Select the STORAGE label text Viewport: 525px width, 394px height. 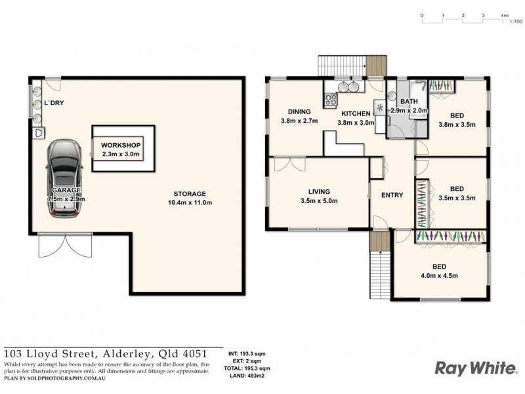click(190, 194)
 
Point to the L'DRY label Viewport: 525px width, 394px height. click(54, 104)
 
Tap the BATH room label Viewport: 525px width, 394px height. click(409, 101)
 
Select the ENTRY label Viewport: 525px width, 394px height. click(392, 195)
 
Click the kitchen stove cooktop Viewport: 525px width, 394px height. click(331, 100)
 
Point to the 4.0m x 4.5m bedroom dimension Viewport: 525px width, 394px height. click(440, 276)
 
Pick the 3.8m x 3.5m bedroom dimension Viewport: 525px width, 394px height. click(457, 125)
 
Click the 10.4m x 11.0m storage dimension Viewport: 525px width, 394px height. click(190, 203)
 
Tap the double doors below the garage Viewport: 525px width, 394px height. click(54, 246)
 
